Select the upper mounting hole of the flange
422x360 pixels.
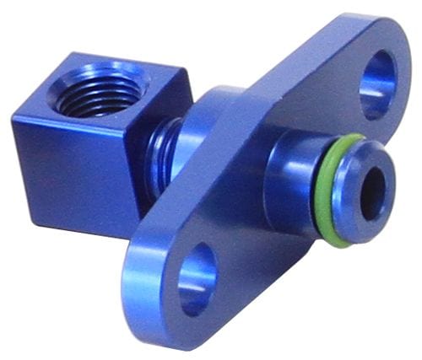click(x=376, y=84)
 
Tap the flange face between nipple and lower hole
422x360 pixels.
click(x=253, y=244)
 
